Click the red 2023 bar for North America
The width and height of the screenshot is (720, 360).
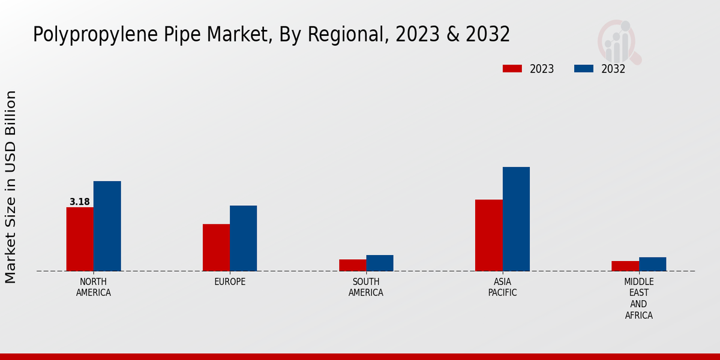click(80, 239)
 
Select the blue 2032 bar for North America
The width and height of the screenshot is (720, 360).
click(107, 226)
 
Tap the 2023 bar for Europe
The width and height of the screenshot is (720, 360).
click(216, 247)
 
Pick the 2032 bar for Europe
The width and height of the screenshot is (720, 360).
click(244, 238)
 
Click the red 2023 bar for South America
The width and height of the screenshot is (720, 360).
click(352, 265)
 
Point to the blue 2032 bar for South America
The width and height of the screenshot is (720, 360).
click(380, 263)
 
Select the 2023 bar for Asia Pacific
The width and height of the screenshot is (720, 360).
click(488, 235)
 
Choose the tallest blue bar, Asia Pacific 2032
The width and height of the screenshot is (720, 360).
click(516, 218)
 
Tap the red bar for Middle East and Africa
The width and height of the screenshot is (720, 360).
click(625, 266)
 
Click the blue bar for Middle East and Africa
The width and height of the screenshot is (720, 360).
click(653, 264)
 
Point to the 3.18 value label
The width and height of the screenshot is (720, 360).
click(80, 202)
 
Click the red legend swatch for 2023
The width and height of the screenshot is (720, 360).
click(512, 68)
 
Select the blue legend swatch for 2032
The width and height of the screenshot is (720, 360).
click(584, 68)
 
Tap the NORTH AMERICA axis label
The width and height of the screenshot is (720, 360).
click(94, 287)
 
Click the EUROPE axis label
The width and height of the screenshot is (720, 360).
click(230, 282)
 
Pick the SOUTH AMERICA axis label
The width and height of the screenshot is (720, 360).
click(366, 287)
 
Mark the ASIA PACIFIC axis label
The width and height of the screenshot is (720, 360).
click(502, 287)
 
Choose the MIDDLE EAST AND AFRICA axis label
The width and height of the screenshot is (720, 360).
click(639, 298)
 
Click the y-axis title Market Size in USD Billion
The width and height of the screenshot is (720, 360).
click(11, 187)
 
